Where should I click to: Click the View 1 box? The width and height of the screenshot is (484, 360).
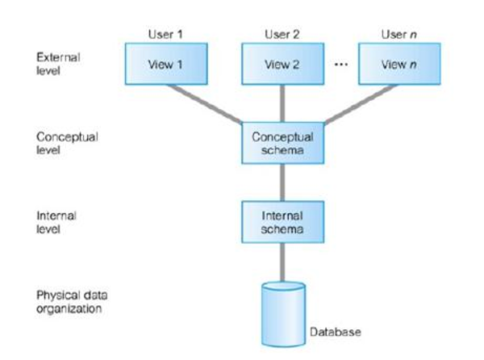pyautogui.click(x=163, y=64)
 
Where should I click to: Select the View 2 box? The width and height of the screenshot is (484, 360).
pyautogui.click(x=282, y=64)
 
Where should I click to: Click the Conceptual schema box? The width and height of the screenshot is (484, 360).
pyautogui.click(x=282, y=143)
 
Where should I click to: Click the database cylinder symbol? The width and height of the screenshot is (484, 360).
pyautogui.click(x=282, y=313)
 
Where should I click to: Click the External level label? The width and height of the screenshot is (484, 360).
pyautogui.click(x=59, y=64)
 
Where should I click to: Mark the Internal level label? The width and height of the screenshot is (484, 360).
pyautogui.click(x=57, y=222)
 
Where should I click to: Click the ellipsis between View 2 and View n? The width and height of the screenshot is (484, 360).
pyautogui.click(x=340, y=63)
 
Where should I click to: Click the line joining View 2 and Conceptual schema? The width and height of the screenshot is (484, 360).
pyautogui.click(x=282, y=104)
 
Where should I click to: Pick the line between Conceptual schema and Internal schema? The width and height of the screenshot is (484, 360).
pyautogui.click(x=282, y=182)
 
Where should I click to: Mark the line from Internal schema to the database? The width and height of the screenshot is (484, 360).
pyautogui.click(x=282, y=262)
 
